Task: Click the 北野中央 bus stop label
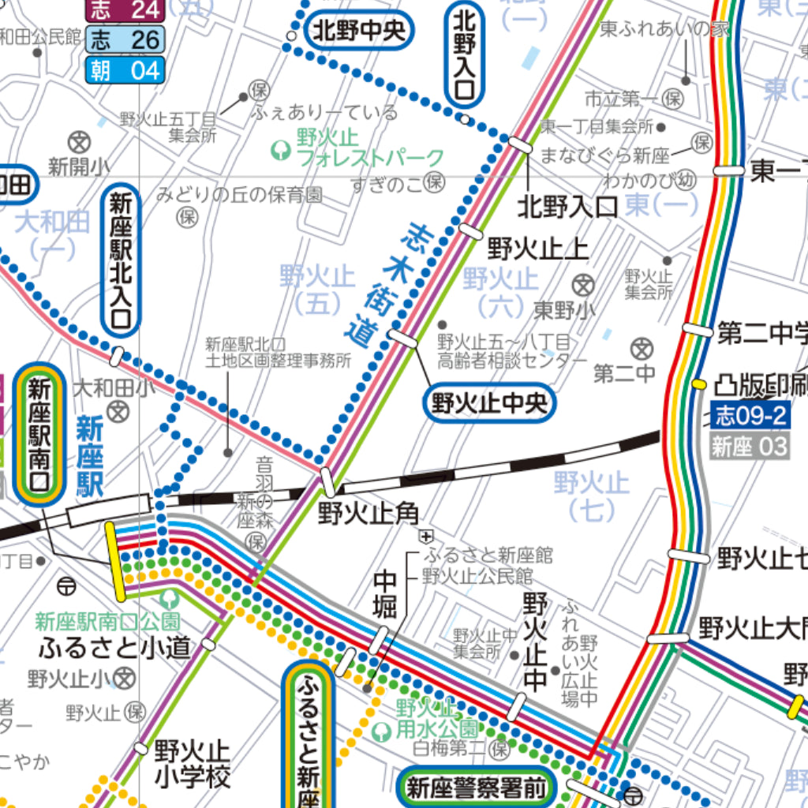359,32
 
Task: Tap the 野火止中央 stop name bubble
489,403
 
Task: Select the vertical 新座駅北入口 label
121,260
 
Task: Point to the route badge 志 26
125,39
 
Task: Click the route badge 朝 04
125,70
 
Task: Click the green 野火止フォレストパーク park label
360,148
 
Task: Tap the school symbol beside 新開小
78,143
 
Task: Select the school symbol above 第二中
643,347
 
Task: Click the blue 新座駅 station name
90,458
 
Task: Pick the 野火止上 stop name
537,249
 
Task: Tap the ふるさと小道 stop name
114,647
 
